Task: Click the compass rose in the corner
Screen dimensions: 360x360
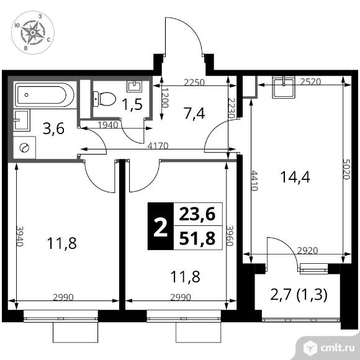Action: tap(33, 33)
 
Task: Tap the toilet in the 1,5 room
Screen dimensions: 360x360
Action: tap(104, 99)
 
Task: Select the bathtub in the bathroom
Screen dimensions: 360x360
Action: tap(45, 95)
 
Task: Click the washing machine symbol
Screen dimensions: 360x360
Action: tap(24, 148)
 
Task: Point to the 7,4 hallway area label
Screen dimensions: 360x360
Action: tap(194, 113)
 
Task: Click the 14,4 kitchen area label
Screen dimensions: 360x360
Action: tap(295, 177)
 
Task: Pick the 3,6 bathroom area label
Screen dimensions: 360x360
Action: tap(54, 129)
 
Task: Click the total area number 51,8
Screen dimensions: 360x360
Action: tap(197, 238)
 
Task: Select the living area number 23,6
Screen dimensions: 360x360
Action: tap(197, 214)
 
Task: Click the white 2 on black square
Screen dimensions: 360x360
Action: tap(161, 227)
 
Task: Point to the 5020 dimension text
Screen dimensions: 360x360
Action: tap(346, 169)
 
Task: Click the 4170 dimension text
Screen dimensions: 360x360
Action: tap(158, 146)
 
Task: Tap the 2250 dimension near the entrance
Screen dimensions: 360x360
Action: tap(194, 82)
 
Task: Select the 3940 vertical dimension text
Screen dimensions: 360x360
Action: tap(20, 236)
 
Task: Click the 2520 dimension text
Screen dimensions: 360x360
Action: tap(310, 81)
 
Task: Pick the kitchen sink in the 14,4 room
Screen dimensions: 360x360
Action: tap(283, 88)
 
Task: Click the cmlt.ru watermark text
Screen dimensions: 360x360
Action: tap(337, 348)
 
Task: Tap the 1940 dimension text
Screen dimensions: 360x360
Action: tap(107, 125)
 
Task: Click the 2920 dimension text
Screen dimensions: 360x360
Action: tap(307, 251)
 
